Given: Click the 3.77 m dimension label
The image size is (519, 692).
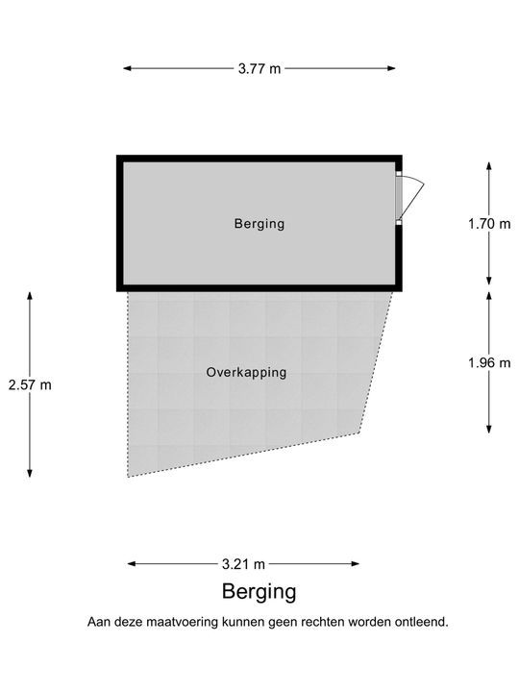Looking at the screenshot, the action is click(259, 69).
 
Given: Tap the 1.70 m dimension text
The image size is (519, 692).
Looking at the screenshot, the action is click(489, 224).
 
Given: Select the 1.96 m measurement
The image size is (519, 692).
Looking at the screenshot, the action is click(489, 362).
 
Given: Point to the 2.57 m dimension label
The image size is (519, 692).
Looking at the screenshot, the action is click(30, 384).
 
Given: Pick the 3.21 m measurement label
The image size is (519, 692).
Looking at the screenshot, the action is click(243, 564).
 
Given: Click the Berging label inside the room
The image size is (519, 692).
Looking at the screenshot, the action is click(259, 224).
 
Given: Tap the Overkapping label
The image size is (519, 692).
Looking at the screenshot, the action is click(246, 373).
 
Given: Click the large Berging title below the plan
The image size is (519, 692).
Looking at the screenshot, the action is click(259, 592).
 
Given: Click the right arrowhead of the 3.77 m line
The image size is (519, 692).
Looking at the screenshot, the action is click(391, 68).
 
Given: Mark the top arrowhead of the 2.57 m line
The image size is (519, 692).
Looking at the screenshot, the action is click(30, 296).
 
